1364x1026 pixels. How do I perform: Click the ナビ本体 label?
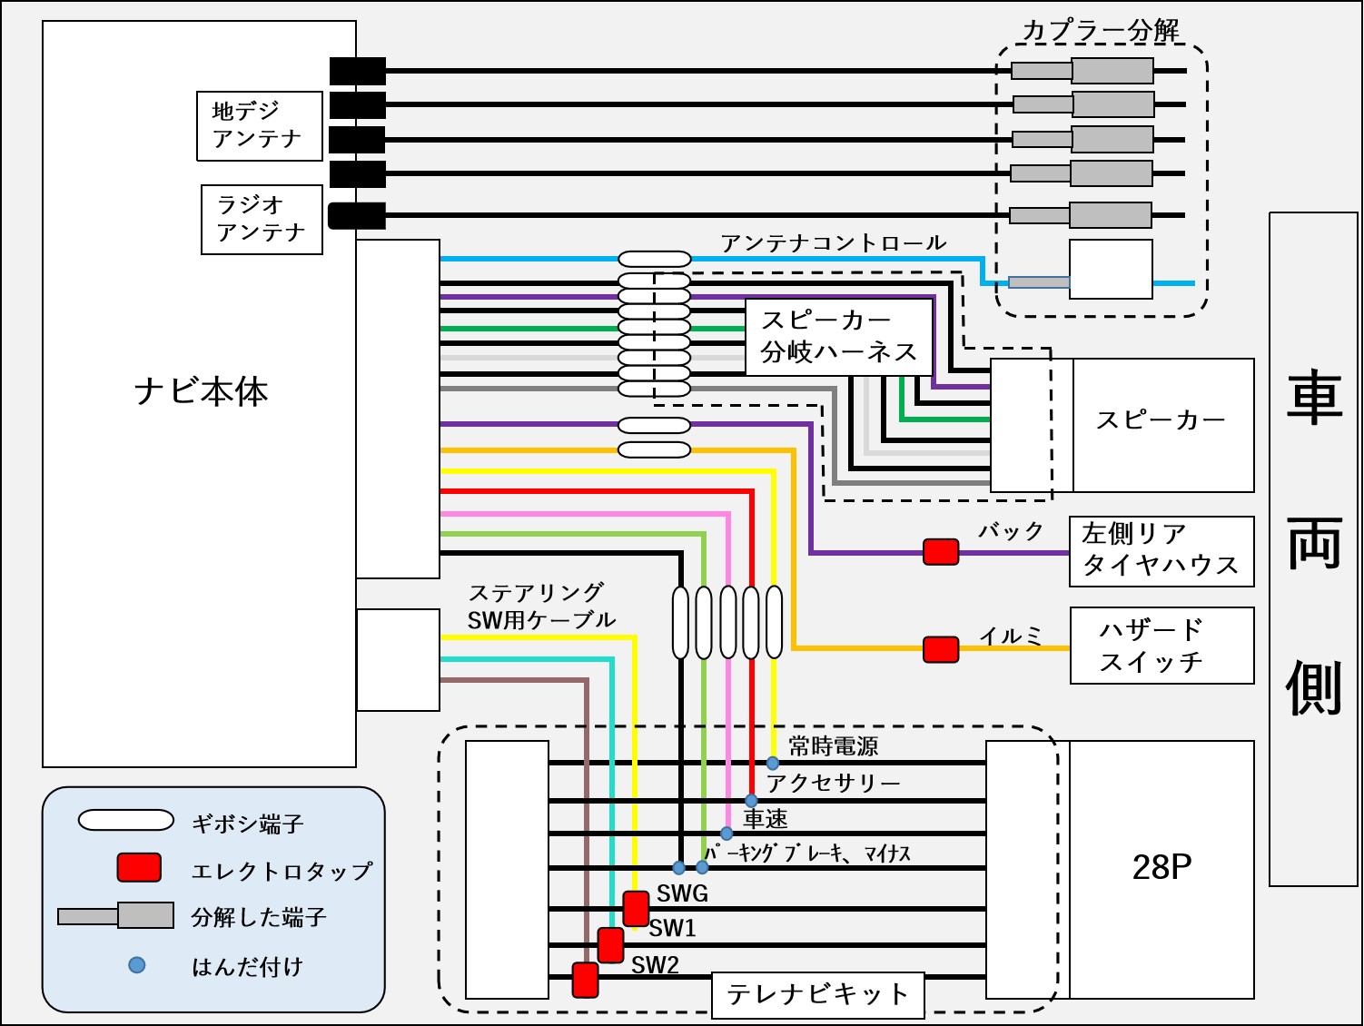click(201, 391)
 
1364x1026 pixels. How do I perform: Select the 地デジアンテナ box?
click(260, 126)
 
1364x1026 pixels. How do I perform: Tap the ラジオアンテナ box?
click(262, 220)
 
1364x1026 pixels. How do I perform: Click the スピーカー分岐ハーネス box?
click(838, 337)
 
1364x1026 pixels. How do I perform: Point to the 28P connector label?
click(1161, 868)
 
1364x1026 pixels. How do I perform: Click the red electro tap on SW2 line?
click(586, 980)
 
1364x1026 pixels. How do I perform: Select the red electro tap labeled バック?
click(941, 551)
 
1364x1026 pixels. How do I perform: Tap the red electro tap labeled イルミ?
click(941, 648)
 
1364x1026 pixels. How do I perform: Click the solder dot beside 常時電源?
click(773, 763)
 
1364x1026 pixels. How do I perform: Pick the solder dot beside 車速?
click(726, 833)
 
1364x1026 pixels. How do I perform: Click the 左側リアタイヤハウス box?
click(1161, 551)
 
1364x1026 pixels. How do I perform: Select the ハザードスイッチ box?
click(1161, 646)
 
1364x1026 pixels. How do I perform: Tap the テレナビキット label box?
click(817, 994)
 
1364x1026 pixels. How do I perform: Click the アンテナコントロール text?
click(834, 243)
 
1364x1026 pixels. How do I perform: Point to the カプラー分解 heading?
click(1101, 30)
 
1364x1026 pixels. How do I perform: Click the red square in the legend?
click(139, 868)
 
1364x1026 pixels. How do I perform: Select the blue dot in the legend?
click(136, 964)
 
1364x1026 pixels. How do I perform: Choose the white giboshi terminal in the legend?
click(126, 821)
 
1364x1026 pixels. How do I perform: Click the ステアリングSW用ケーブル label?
click(541, 607)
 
